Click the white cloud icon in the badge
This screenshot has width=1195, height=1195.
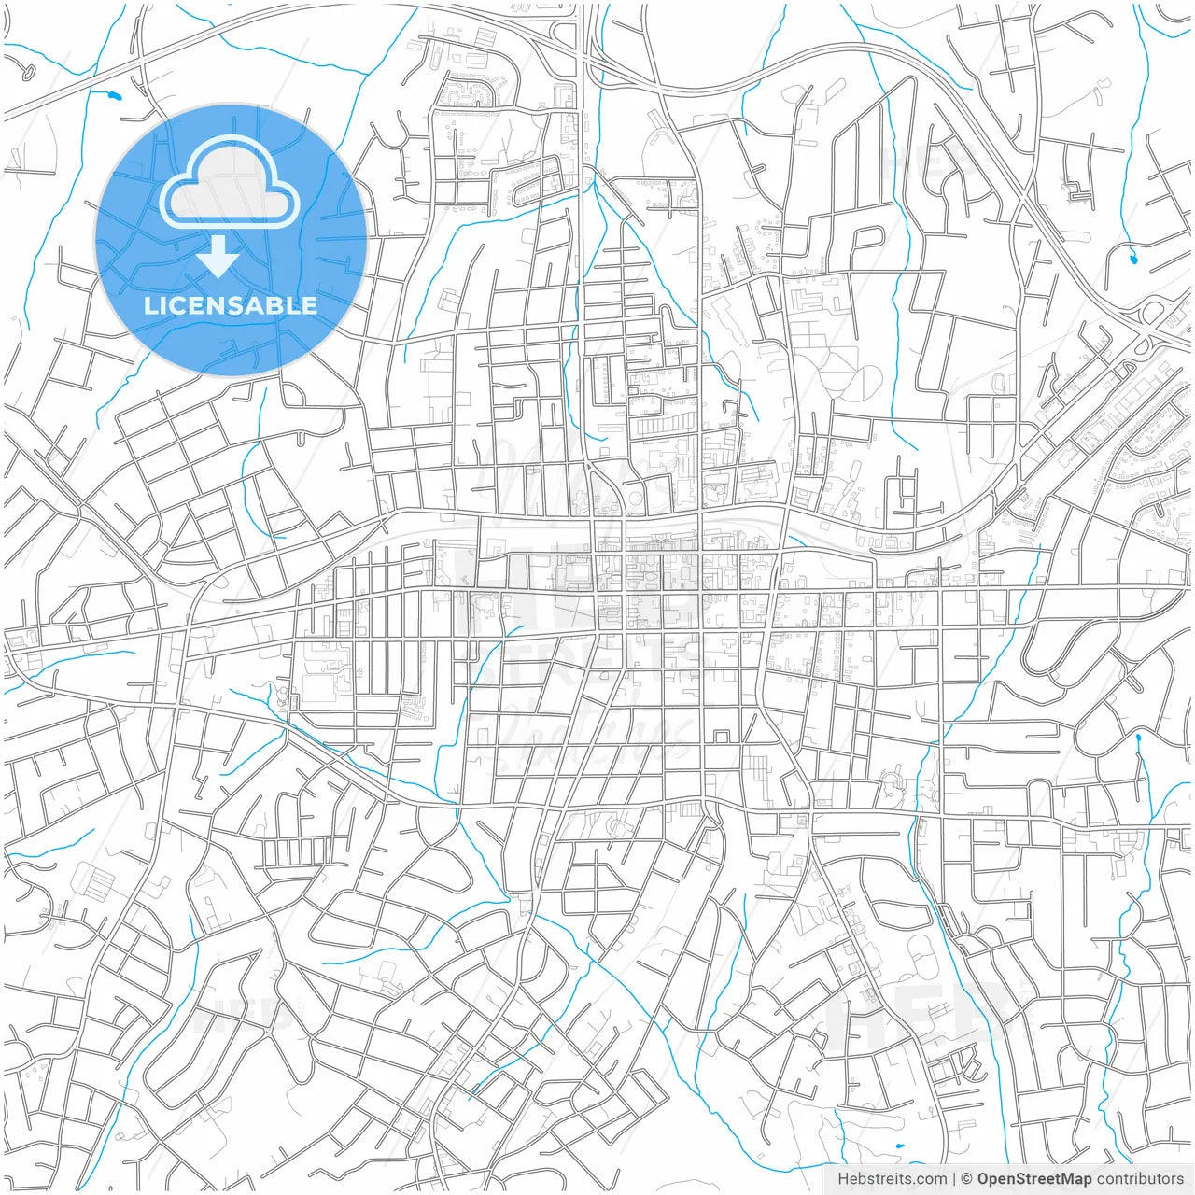[x=230, y=182]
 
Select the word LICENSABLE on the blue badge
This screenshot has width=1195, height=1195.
[x=231, y=305]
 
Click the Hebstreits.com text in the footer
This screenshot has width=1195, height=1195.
[x=892, y=1179]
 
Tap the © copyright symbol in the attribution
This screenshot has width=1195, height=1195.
[x=967, y=1179]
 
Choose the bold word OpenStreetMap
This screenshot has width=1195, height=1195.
[x=1033, y=1179]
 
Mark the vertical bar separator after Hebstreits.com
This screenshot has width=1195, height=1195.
[x=954, y=1179]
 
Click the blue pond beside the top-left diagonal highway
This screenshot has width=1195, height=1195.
[x=114, y=95]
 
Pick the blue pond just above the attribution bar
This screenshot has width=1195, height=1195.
[x=898, y=1146]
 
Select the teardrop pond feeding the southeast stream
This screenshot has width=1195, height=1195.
[x=1138, y=739]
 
